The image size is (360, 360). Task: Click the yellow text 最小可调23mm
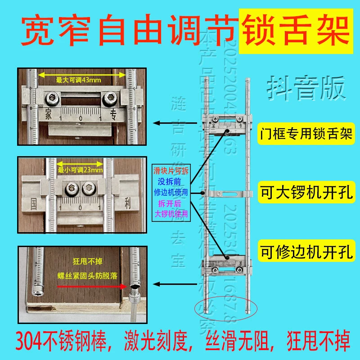tap(80, 170)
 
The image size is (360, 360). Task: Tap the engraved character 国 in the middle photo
tap(34, 202)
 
